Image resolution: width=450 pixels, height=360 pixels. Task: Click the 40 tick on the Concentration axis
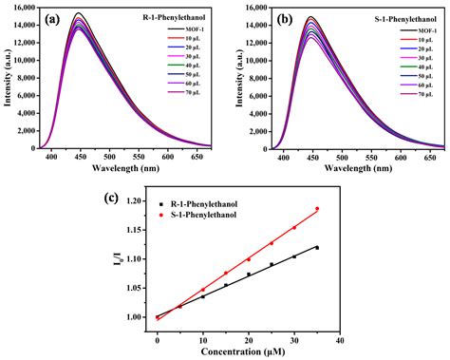[340, 338]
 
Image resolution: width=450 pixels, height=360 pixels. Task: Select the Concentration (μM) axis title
[249, 351]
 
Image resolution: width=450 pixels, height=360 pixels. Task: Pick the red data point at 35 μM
[317, 209]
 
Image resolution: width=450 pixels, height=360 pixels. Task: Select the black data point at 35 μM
[317, 247]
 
